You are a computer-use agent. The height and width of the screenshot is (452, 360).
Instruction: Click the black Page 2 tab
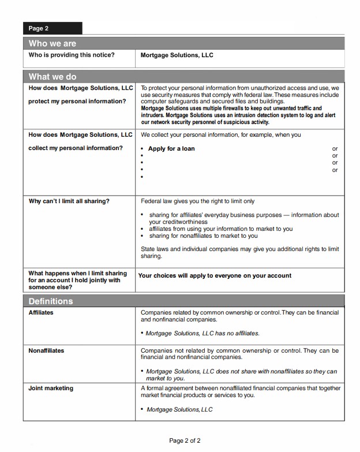coord(52,28)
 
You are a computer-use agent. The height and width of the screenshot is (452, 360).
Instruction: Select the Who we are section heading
coord(52,43)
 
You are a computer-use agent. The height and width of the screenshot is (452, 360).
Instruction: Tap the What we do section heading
coord(52,77)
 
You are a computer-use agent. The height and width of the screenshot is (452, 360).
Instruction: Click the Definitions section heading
coord(51,301)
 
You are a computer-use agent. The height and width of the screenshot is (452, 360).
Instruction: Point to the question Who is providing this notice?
coord(72,55)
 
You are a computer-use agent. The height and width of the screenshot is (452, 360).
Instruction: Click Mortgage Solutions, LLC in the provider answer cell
coord(177,55)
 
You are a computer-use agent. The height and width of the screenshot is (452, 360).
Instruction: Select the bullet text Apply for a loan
coord(171,148)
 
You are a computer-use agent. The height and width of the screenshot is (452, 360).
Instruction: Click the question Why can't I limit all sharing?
coord(69,201)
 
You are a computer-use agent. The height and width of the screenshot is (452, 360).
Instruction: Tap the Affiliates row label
coord(41,312)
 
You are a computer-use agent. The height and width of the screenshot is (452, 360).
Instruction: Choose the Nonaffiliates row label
coord(46,350)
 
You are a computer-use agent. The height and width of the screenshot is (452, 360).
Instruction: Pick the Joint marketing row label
coord(51,388)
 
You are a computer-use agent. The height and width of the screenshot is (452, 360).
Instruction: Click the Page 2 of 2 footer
coord(185,441)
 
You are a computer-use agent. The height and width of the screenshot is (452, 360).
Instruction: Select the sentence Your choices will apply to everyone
coord(215,275)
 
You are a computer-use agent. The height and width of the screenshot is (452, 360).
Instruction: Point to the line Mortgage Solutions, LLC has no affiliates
coord(202,333)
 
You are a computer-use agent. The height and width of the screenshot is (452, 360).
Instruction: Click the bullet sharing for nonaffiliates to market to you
coord(203,236)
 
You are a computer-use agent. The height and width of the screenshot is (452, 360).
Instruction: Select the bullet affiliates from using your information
coord(220,229)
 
